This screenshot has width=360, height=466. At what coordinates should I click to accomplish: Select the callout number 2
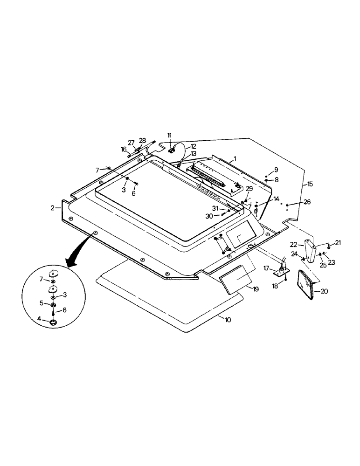[x=54, y=207]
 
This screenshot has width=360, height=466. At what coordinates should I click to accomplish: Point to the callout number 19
[x=256, y=289]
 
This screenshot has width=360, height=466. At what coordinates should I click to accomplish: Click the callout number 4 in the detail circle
[x=40, y=319]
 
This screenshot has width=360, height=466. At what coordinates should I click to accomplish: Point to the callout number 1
[x=235, y=159]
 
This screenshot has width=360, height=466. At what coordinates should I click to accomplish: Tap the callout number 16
[x=124, y=150]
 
